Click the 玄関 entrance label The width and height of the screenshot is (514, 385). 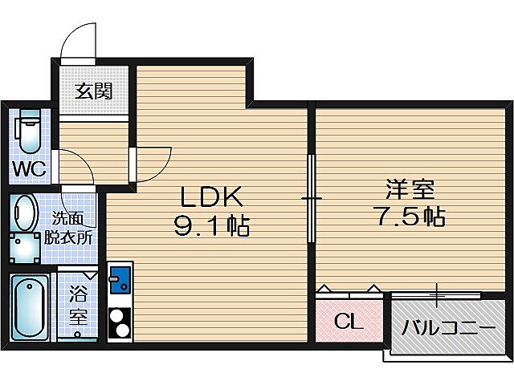(x=93, y=91)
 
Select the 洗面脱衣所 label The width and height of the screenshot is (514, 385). (x=72, y=227)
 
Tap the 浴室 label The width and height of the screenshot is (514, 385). (x=78, y=304)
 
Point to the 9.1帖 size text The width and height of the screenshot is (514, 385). (x=211, y=227)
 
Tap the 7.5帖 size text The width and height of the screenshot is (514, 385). (x=410, y=217)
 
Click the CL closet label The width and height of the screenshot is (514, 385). (x=348, y=323)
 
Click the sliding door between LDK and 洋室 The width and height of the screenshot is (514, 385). (x=312, y=197)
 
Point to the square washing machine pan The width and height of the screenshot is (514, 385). (x=26, y=248)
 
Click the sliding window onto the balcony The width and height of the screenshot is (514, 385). (x=437, y=295)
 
